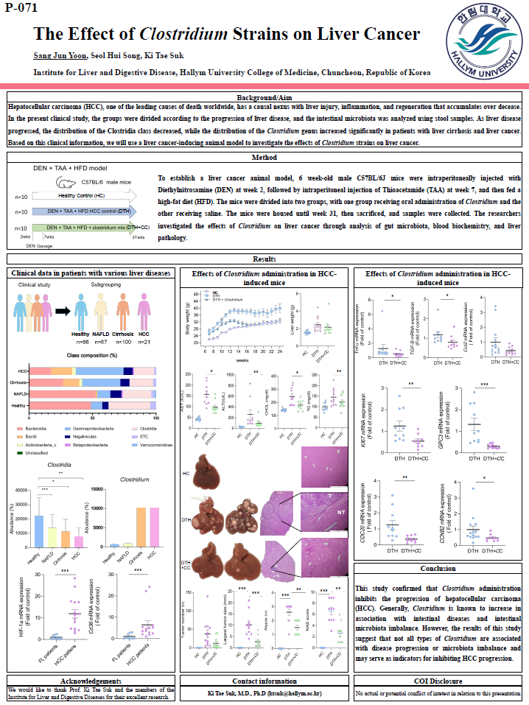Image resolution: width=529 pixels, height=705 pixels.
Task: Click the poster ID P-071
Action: tap(20, 9)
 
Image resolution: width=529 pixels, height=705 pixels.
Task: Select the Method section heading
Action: tap(264, 157)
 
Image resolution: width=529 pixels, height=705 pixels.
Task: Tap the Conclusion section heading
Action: tap(438, 568)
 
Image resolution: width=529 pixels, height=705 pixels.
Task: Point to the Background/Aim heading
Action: tap(264, 98)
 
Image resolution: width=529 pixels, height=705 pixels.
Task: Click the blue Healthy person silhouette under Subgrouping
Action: tap(82, 310)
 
